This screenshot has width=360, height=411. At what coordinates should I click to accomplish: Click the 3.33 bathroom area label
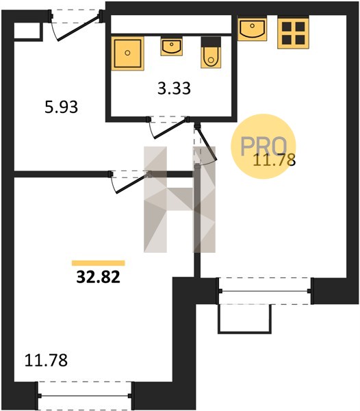pyautogui.click(x=174, y=88)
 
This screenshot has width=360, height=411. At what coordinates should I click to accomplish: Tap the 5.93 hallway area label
pyautogui.click(x=62, y=107)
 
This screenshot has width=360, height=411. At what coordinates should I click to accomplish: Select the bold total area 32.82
pyautogui.click(x=98, y=277)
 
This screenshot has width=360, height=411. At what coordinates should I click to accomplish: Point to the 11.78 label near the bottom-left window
pyautogui.click(x=46, y=360)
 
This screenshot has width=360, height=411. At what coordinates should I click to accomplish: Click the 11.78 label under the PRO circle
pyautogui.click(x=274, y=160)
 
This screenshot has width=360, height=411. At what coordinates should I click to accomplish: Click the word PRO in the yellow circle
pyautogui.click(x=263, y=146)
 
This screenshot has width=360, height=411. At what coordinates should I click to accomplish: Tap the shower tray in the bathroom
pyautogui.click(x=127, y=53)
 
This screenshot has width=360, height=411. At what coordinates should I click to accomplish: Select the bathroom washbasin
pyautogui.click(x=172, y=47)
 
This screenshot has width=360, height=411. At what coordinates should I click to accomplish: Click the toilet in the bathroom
pyautogui.click(x=211, y=53)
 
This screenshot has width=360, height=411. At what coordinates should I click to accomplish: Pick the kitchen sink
pyautogui.click(x=252, y=28)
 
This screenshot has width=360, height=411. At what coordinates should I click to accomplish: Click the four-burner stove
pyautogui.click(x=293, y=32)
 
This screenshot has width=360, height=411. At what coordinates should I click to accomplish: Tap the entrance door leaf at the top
pyautogui.click(x=78, y=27)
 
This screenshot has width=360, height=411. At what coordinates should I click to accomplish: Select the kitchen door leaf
pyautogui.click(x=207, y=143)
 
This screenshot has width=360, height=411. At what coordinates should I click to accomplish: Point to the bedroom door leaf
pyautogui.click(x=133, y=183)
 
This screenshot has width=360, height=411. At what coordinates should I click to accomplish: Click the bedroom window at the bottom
pyautogui.click(x=85, y=396)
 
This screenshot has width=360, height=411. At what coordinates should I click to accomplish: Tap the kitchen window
pyautogui.click(x=265, y=291)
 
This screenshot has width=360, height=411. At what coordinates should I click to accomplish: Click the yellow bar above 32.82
pyautogui.click(x=99, y=263)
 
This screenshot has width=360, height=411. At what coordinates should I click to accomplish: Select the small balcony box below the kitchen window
pyautogui.click(x=244, y=319)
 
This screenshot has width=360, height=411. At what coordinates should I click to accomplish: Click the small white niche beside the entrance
pyautogui.click(x=27, y=31)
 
